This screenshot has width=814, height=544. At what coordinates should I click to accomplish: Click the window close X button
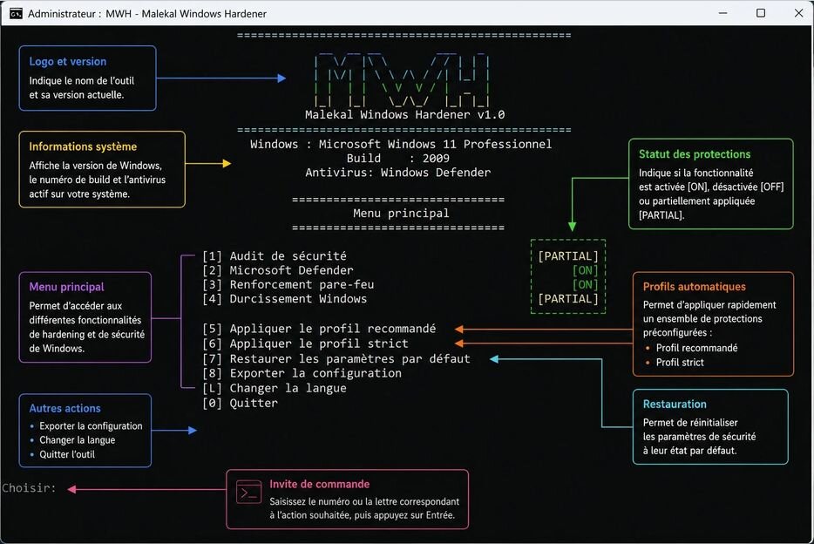[799, 13]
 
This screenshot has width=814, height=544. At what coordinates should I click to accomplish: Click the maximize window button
[761, 13]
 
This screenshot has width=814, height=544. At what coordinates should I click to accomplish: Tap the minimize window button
[722, 13]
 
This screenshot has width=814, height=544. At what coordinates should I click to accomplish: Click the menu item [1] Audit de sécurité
[275, 256]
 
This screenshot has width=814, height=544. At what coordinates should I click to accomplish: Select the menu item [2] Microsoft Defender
[278, 270]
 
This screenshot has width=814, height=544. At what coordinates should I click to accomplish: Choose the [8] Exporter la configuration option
[302, 373]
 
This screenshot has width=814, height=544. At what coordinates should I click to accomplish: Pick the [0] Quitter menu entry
[240, 403]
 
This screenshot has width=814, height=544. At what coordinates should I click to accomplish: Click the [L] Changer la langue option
[275, 388]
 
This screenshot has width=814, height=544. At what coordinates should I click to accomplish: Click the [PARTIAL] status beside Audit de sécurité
[568, 256]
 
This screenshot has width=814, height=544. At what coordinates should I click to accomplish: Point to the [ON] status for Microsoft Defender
[585, 270]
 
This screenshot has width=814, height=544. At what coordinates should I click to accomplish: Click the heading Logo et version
[67, 61]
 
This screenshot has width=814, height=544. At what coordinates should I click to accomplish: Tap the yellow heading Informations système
[83, 147]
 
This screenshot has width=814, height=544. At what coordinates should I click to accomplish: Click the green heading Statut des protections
[695, 154]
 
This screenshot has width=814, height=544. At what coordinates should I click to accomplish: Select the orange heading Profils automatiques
[694, 287]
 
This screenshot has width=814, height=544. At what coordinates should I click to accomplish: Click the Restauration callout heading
[675, 404]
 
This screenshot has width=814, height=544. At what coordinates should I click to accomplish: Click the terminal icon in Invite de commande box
[248, 492]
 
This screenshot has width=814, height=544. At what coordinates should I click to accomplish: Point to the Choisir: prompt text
[29, 488]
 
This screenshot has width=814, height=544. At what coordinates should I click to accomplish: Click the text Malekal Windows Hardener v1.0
[405, 115]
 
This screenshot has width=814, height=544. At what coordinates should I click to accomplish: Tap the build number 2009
[436, 159]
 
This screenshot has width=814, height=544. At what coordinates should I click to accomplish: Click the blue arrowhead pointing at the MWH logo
[282, 78]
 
